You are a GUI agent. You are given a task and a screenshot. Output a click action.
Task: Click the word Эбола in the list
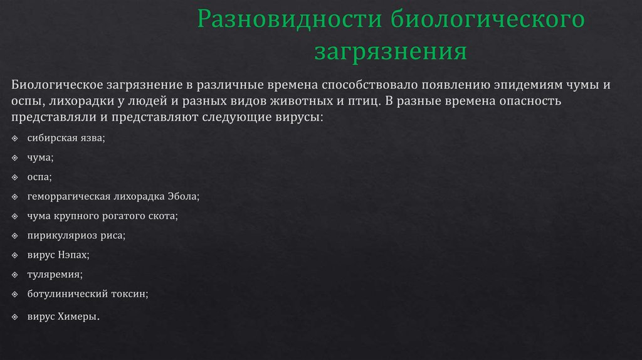[x=182, y=196]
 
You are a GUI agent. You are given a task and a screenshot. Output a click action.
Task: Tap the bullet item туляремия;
[x=55, y=274]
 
